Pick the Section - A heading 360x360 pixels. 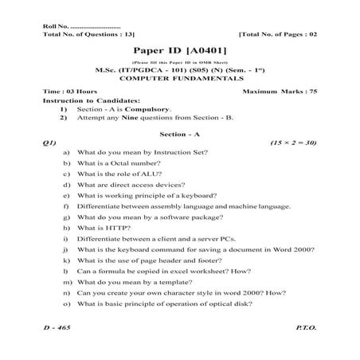coord(179,133)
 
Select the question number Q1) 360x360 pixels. coord(49,142)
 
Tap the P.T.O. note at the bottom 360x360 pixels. coord(305,327)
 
